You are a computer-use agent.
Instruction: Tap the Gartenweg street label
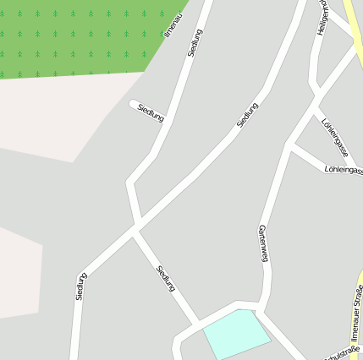pos(263,244)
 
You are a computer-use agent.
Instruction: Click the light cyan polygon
pos(236,333)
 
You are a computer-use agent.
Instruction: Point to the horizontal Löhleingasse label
pos(344,170)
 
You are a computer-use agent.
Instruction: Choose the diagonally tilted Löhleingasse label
pos(335,137)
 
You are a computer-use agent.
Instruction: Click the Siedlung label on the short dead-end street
pos(150,114)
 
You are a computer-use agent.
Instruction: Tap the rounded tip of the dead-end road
pos(134,104)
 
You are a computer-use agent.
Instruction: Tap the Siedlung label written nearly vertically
pos(81,286)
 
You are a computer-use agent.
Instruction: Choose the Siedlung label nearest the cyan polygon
pos(166,279)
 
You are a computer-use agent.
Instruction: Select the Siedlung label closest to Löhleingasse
pos(247,116)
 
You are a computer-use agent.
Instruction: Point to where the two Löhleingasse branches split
pos(292,145)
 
